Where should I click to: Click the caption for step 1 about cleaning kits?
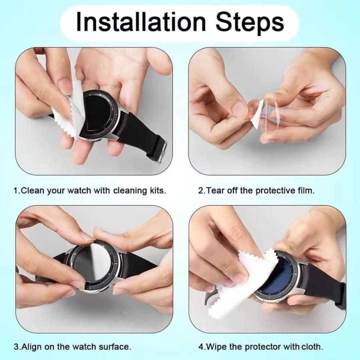pyautogui.click(x=90, y=190)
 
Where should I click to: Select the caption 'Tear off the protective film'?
pyautogui.click(x=256, y=190)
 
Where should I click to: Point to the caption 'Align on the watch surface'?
pyautogui.click(x=72, y=346)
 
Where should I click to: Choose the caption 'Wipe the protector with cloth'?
pyautogui.click(x=260, y=346)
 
